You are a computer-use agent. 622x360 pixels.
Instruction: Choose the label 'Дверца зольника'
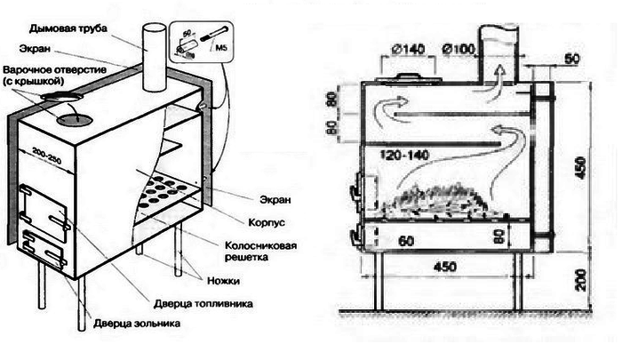click(137, 324)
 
